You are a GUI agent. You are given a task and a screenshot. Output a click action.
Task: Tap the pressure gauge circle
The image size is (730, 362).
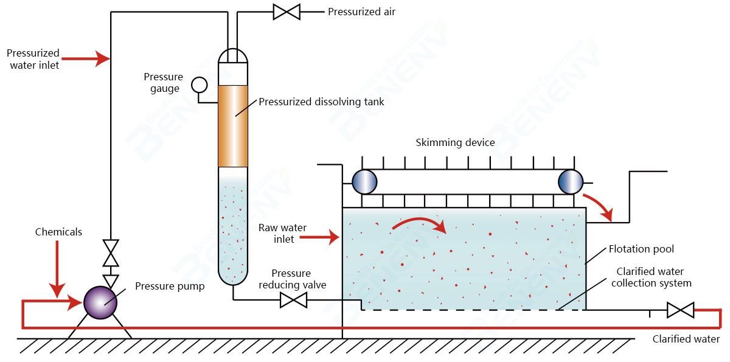coord(199,85)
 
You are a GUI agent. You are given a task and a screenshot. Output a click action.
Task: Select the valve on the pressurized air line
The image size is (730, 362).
coord(286,12)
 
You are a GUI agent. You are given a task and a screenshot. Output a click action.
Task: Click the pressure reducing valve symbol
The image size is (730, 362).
coord(293,300)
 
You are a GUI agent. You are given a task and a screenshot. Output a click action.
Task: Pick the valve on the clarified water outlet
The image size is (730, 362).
coord(680,310)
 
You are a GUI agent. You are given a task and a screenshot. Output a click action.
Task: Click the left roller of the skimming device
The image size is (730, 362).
coord(365,181)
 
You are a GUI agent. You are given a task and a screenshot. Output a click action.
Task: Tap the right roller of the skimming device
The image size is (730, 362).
coord(571,181)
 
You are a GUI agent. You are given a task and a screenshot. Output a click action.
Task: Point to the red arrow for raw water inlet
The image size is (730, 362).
coord(325,237)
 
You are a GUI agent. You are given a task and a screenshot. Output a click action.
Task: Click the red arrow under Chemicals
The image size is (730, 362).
coord(57,268)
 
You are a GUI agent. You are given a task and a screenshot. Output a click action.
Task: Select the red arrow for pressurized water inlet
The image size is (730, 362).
coord(85,58)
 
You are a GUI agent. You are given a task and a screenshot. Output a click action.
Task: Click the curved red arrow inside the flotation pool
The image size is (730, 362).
coord(419,225)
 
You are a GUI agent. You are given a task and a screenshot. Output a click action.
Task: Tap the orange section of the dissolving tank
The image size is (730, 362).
coord(233,126)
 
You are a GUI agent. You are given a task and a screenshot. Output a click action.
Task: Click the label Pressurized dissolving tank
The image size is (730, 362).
coord(321,102)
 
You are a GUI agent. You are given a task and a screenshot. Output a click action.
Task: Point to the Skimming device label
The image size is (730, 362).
coord(455,143)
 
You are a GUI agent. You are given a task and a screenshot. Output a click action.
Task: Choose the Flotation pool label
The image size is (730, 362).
coord(641,249)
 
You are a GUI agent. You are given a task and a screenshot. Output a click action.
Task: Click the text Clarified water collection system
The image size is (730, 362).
coord(650,277)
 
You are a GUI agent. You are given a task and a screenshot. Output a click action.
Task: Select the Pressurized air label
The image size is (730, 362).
coord(361,12)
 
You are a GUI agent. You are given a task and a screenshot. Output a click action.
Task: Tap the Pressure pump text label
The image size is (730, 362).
coord(170,286)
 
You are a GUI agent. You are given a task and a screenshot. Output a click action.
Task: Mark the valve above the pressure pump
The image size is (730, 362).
coord(110,253)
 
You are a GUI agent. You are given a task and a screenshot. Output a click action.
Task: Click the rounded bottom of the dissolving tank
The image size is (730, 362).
coord(233,277)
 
